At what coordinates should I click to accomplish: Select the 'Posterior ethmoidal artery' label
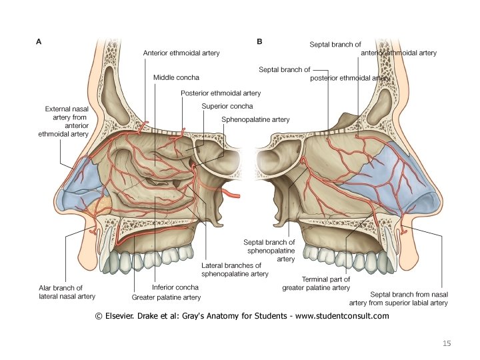point(221,93)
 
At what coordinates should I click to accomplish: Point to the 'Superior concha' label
point(227,106)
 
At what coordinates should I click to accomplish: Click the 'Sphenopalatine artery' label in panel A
point(255,120)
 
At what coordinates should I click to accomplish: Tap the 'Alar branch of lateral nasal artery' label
point(67,292)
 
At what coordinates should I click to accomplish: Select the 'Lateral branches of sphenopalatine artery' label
point(235,269)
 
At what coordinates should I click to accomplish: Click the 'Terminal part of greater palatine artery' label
point(316,283)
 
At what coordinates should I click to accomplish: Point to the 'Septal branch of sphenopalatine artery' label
point(270,250)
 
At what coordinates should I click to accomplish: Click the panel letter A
point(39,41)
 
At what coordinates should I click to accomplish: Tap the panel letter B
point(259,41)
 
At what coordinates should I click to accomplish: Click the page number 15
point(447,343)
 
